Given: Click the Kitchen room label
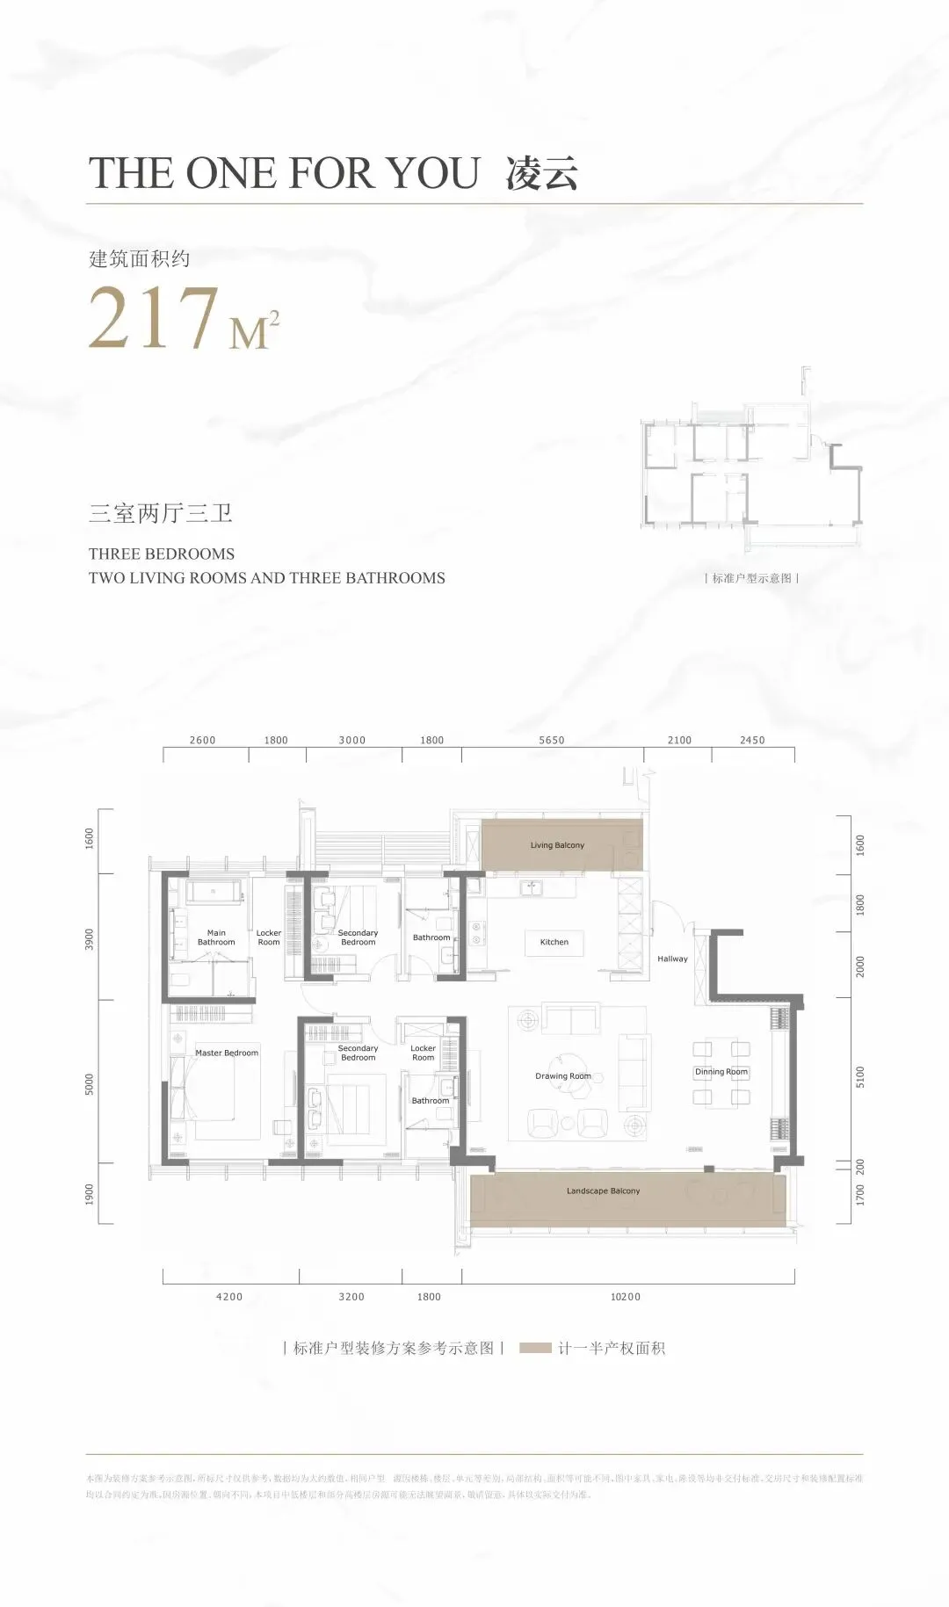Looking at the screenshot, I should [x=554, y=942].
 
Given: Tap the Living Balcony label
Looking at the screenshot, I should [x=557, y=845].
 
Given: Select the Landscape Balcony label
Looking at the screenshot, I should [x=603, y=1191].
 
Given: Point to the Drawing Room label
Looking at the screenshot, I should [x=563, y=1075].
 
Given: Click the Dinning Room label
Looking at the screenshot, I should [x=721, y=1071].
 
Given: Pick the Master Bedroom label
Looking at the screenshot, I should [x=227, y=1053].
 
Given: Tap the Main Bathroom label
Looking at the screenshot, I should [x=216, y=937].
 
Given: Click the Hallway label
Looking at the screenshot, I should [x=672, y=959].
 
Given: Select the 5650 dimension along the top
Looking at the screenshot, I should [x=552, y=740].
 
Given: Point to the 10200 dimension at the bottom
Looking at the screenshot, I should [x=626, y=1296].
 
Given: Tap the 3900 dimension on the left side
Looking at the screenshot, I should [x=89, y=938].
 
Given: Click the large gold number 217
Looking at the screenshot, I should [x=154, y=317].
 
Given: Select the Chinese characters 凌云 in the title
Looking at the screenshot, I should [x=541, y=172].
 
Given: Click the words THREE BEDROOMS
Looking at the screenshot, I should [x=162, y=554].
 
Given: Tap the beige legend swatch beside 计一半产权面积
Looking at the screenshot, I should [x=535, y=1348].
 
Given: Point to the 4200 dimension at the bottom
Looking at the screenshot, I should [x=229, y=1296].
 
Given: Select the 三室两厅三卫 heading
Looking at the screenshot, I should [x=161, y=512].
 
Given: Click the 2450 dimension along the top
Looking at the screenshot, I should [x=752, y=740].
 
